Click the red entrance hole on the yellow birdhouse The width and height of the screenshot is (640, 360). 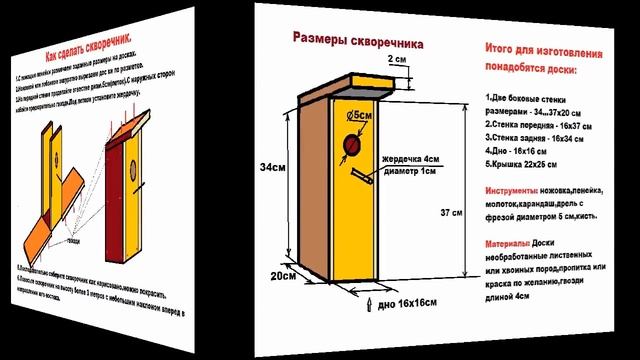click(351, 149)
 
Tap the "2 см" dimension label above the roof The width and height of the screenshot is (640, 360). click(398, 59)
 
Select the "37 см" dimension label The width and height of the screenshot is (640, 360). click(451, 213)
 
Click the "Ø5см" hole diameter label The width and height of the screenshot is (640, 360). click(363, 118)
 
